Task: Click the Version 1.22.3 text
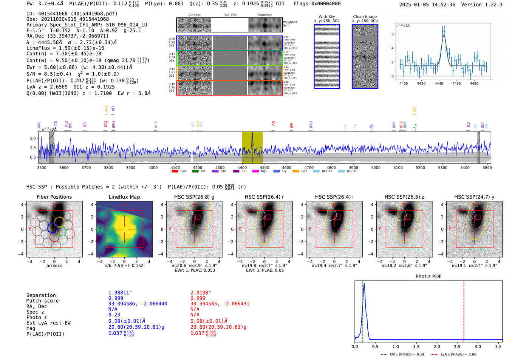tap(487, 5)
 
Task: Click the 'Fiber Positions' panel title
tap(54, 197)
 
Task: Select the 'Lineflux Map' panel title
tap(124, 197)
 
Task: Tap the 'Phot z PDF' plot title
tap(428, 276)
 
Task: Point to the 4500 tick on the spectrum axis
tap(264, 167)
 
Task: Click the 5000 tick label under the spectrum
tap(376, 167)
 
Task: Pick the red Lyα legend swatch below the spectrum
tap(175, 172)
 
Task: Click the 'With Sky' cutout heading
tap(326, 17)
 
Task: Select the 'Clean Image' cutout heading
tap(365, 17)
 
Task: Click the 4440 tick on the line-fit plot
tap(439, 83)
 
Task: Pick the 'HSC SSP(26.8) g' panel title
tap(194, 197)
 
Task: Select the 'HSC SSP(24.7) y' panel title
tap(474, 197)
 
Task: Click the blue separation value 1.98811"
tap(120, 293)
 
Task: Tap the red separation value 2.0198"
tap(201, 293)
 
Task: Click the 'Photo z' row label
tap(37, 317)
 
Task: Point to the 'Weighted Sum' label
tap(290, 23)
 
